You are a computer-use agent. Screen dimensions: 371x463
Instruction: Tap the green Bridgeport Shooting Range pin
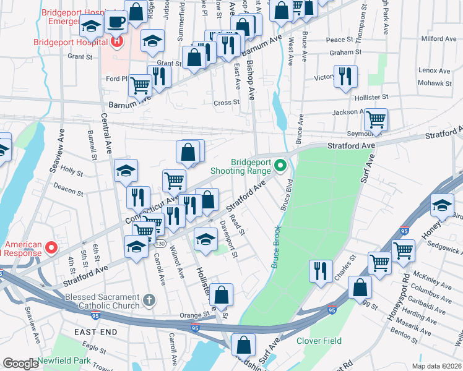[x=280, y=165]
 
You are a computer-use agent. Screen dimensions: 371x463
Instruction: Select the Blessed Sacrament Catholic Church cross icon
[x=148, y=301]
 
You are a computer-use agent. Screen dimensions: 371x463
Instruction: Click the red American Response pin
[x=52, y=248]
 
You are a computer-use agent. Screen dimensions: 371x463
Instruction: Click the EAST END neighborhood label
[x=96, y=332]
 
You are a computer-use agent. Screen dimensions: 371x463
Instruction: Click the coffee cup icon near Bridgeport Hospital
[x=116, y=23]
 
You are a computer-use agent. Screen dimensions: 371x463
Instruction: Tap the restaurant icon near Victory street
[x=345, y=76]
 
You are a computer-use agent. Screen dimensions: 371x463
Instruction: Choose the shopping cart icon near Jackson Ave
[x=376, y=119]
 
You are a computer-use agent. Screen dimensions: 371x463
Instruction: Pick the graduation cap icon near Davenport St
[x=206, y=238]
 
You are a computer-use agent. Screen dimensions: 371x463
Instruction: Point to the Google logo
[x=21, y=364]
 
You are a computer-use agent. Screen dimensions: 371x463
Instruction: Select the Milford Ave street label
[x=438, y=38]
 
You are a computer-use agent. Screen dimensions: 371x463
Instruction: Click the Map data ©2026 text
[x=436, y=366]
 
